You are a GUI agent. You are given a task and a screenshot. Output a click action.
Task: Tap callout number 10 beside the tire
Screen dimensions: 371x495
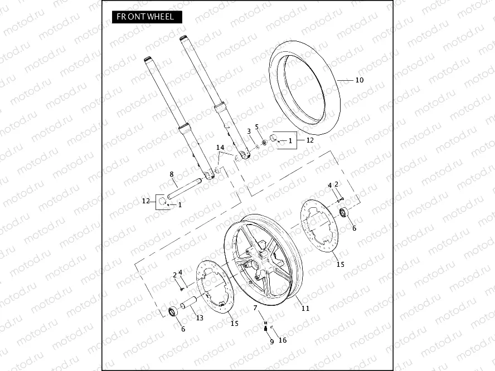point(359,80)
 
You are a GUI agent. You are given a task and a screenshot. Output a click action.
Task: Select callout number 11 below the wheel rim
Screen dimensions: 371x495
point(305,308)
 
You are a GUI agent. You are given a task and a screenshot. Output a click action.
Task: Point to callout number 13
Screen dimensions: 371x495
point(199,318)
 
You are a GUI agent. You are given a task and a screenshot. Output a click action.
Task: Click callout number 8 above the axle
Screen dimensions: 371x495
point(172,174)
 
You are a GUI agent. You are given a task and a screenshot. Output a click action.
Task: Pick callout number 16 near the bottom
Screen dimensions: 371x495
point(282,340)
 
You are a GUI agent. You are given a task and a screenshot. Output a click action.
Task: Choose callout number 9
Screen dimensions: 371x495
point(271,342)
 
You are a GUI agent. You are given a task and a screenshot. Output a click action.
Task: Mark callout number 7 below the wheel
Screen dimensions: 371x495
point(255,308)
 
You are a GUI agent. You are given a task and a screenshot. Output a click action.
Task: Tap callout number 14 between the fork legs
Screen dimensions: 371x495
point(220,148)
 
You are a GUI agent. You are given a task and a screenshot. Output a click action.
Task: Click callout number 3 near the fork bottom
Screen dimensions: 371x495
point(249,131)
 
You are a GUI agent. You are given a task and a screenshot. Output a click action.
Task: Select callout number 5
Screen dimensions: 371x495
point(257,126)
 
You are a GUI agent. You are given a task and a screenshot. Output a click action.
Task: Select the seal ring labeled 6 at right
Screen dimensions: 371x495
point(344,212)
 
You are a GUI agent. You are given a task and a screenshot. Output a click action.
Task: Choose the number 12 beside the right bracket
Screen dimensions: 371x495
point(310,140)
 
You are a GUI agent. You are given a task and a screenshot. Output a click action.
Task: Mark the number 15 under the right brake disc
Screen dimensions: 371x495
point(339,264)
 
